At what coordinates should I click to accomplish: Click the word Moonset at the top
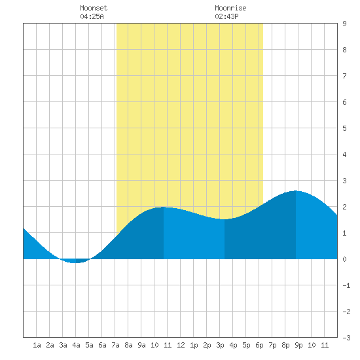tap(94, 8)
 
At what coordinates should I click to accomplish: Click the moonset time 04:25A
tap(92, 16)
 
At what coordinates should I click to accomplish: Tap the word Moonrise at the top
tap(230, 8)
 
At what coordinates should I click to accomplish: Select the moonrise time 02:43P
tap(226, 16)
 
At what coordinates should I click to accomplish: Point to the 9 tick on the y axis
tap(344, 24)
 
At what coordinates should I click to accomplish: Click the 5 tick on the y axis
tap(344, 128)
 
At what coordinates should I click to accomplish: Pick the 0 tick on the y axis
tap(344, 259)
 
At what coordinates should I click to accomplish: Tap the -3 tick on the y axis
tap(346, 338)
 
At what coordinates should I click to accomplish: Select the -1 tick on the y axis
tap(346, 285)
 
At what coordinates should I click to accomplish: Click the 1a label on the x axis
tap(37, 345)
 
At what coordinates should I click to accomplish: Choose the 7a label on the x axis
tap(115, 345)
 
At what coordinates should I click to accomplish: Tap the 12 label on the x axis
tap(181, 345)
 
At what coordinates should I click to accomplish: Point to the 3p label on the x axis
tap(220, 345)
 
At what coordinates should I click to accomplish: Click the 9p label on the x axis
tap(298, 345)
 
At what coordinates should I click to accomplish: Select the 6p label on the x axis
tap(259, 345)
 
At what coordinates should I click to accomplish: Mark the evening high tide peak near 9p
tap(296, 191)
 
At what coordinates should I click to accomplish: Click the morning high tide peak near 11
tap(164, 207)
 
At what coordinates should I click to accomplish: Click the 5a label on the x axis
tap(89, 345)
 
